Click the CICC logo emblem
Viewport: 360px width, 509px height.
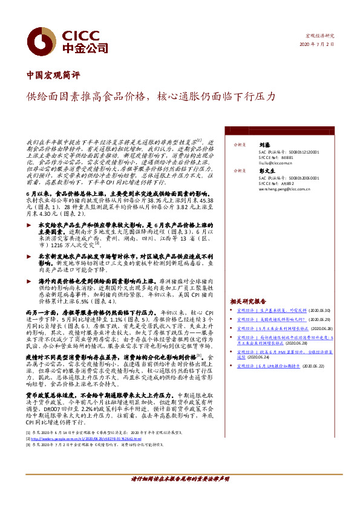(45, 39)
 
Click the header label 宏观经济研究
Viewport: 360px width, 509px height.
(321, 36)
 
